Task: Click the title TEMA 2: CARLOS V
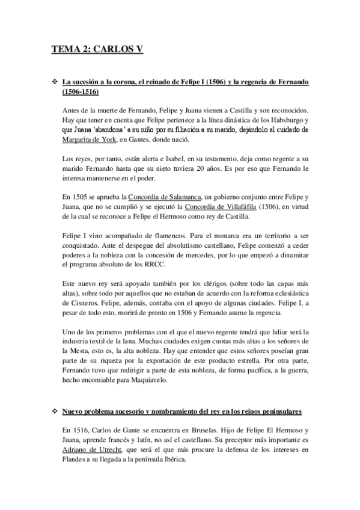[x=97, y=49]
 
